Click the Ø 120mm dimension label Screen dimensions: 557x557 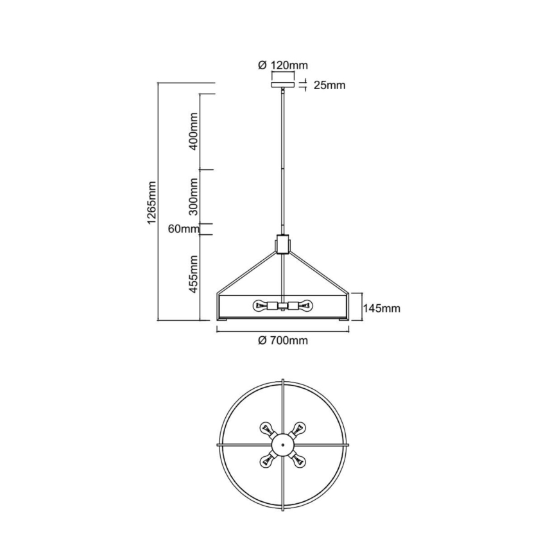(282, 65)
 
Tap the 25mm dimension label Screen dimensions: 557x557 (329, 85)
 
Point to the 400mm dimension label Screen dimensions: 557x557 (193, 132)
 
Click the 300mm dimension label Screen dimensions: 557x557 (193, 196)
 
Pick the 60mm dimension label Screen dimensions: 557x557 (181, 229)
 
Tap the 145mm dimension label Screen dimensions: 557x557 (381, 309)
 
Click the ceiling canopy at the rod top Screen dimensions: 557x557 (282, 85)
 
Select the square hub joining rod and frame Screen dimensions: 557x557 (282, 244)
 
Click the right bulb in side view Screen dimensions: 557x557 (304, 305)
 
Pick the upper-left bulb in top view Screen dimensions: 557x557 (266, 427)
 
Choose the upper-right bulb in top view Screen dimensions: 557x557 (299, 427)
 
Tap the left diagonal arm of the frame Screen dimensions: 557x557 (248, 270)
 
